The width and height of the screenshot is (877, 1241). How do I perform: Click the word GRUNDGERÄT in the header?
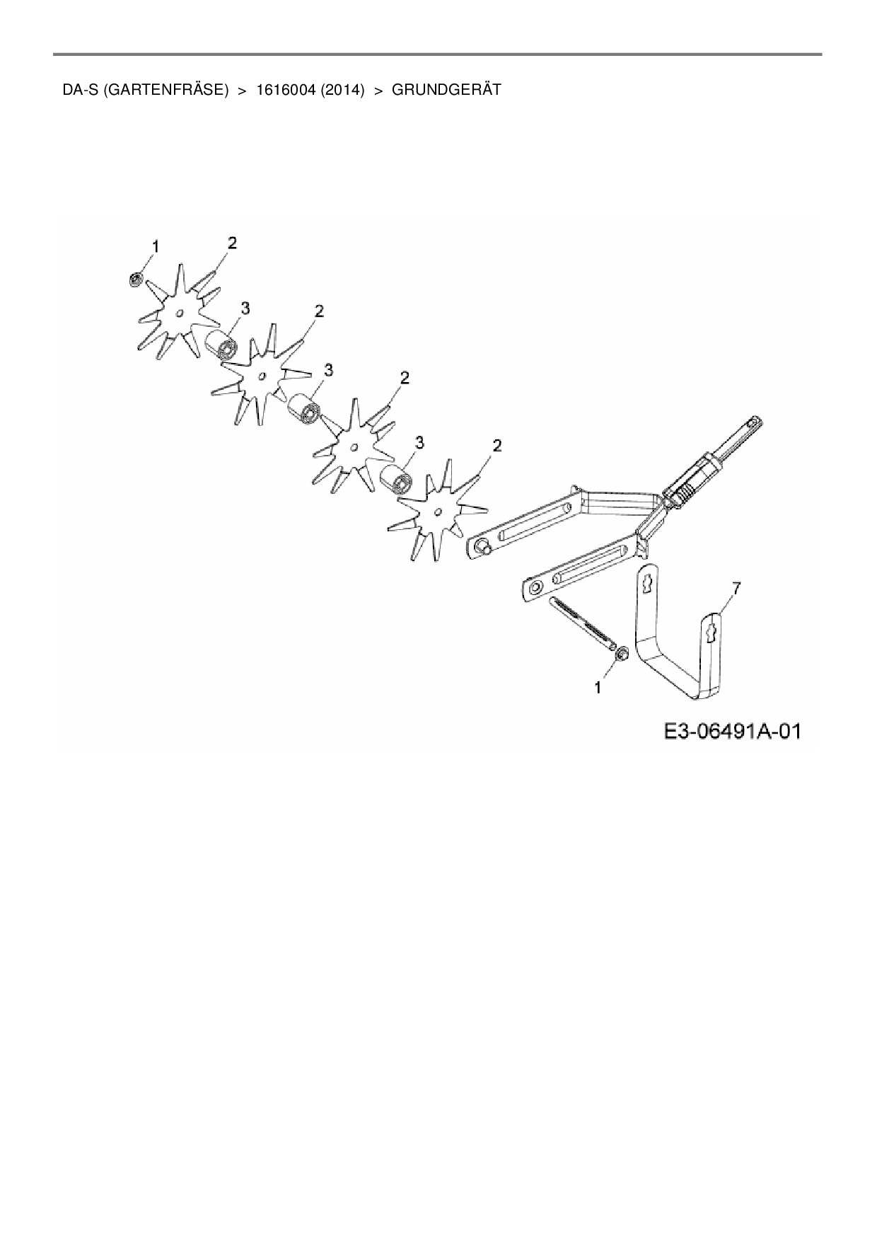[x=446, y=90]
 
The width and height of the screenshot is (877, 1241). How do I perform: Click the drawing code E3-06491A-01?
[x=732, y=731]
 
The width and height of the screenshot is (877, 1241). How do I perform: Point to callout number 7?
[x=737, y=587]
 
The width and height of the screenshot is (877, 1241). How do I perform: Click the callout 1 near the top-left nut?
[x=155, y=246]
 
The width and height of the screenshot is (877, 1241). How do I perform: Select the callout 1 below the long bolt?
[x=599, y=687]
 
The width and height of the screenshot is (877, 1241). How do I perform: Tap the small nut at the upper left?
[x=134, y=279]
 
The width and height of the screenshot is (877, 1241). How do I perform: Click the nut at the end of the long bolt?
[x=622, y=654]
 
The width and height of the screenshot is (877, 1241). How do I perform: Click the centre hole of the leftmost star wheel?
[x=180, y=312]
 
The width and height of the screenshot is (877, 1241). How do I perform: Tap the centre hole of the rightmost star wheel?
[x=438, y=511]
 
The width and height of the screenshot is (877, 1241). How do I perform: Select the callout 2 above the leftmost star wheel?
[x=232, y=243]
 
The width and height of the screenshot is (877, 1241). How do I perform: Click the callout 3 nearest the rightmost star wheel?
[x=419, y=443]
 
